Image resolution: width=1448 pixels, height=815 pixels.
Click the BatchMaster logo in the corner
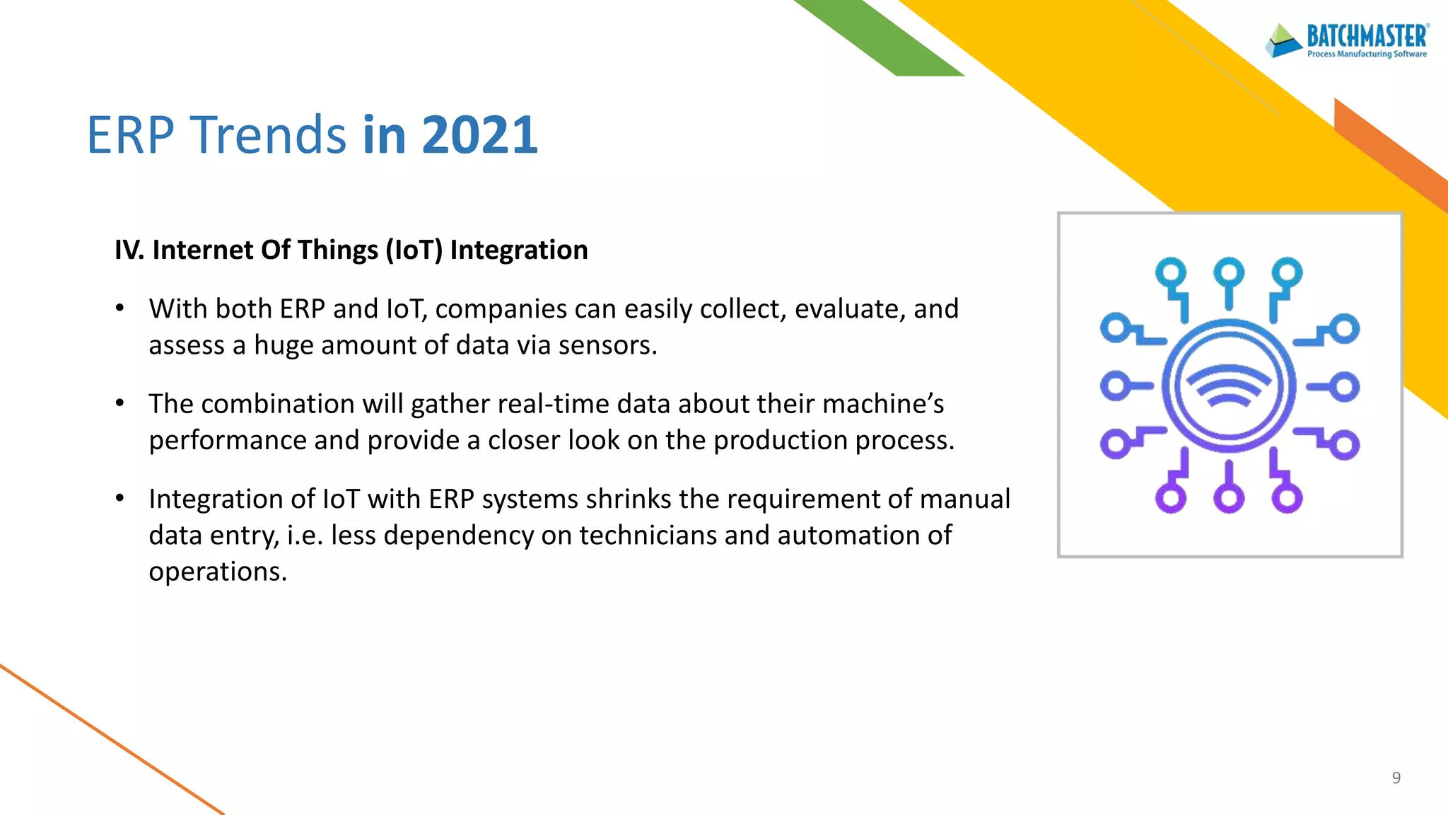(1348, 40)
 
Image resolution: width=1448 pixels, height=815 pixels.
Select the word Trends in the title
(269, 134)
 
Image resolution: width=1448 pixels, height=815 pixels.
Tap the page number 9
(1396, 778)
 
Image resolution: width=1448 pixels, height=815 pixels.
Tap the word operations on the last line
(217, 572)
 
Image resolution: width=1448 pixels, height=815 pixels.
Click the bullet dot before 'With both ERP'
(120, 308)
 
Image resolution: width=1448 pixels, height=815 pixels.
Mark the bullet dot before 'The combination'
(120, 403)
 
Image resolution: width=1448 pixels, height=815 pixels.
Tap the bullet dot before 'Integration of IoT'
(120, 498)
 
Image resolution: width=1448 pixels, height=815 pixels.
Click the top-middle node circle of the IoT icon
(1229, 272)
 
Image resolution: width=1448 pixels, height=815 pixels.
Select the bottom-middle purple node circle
(1229, 499)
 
